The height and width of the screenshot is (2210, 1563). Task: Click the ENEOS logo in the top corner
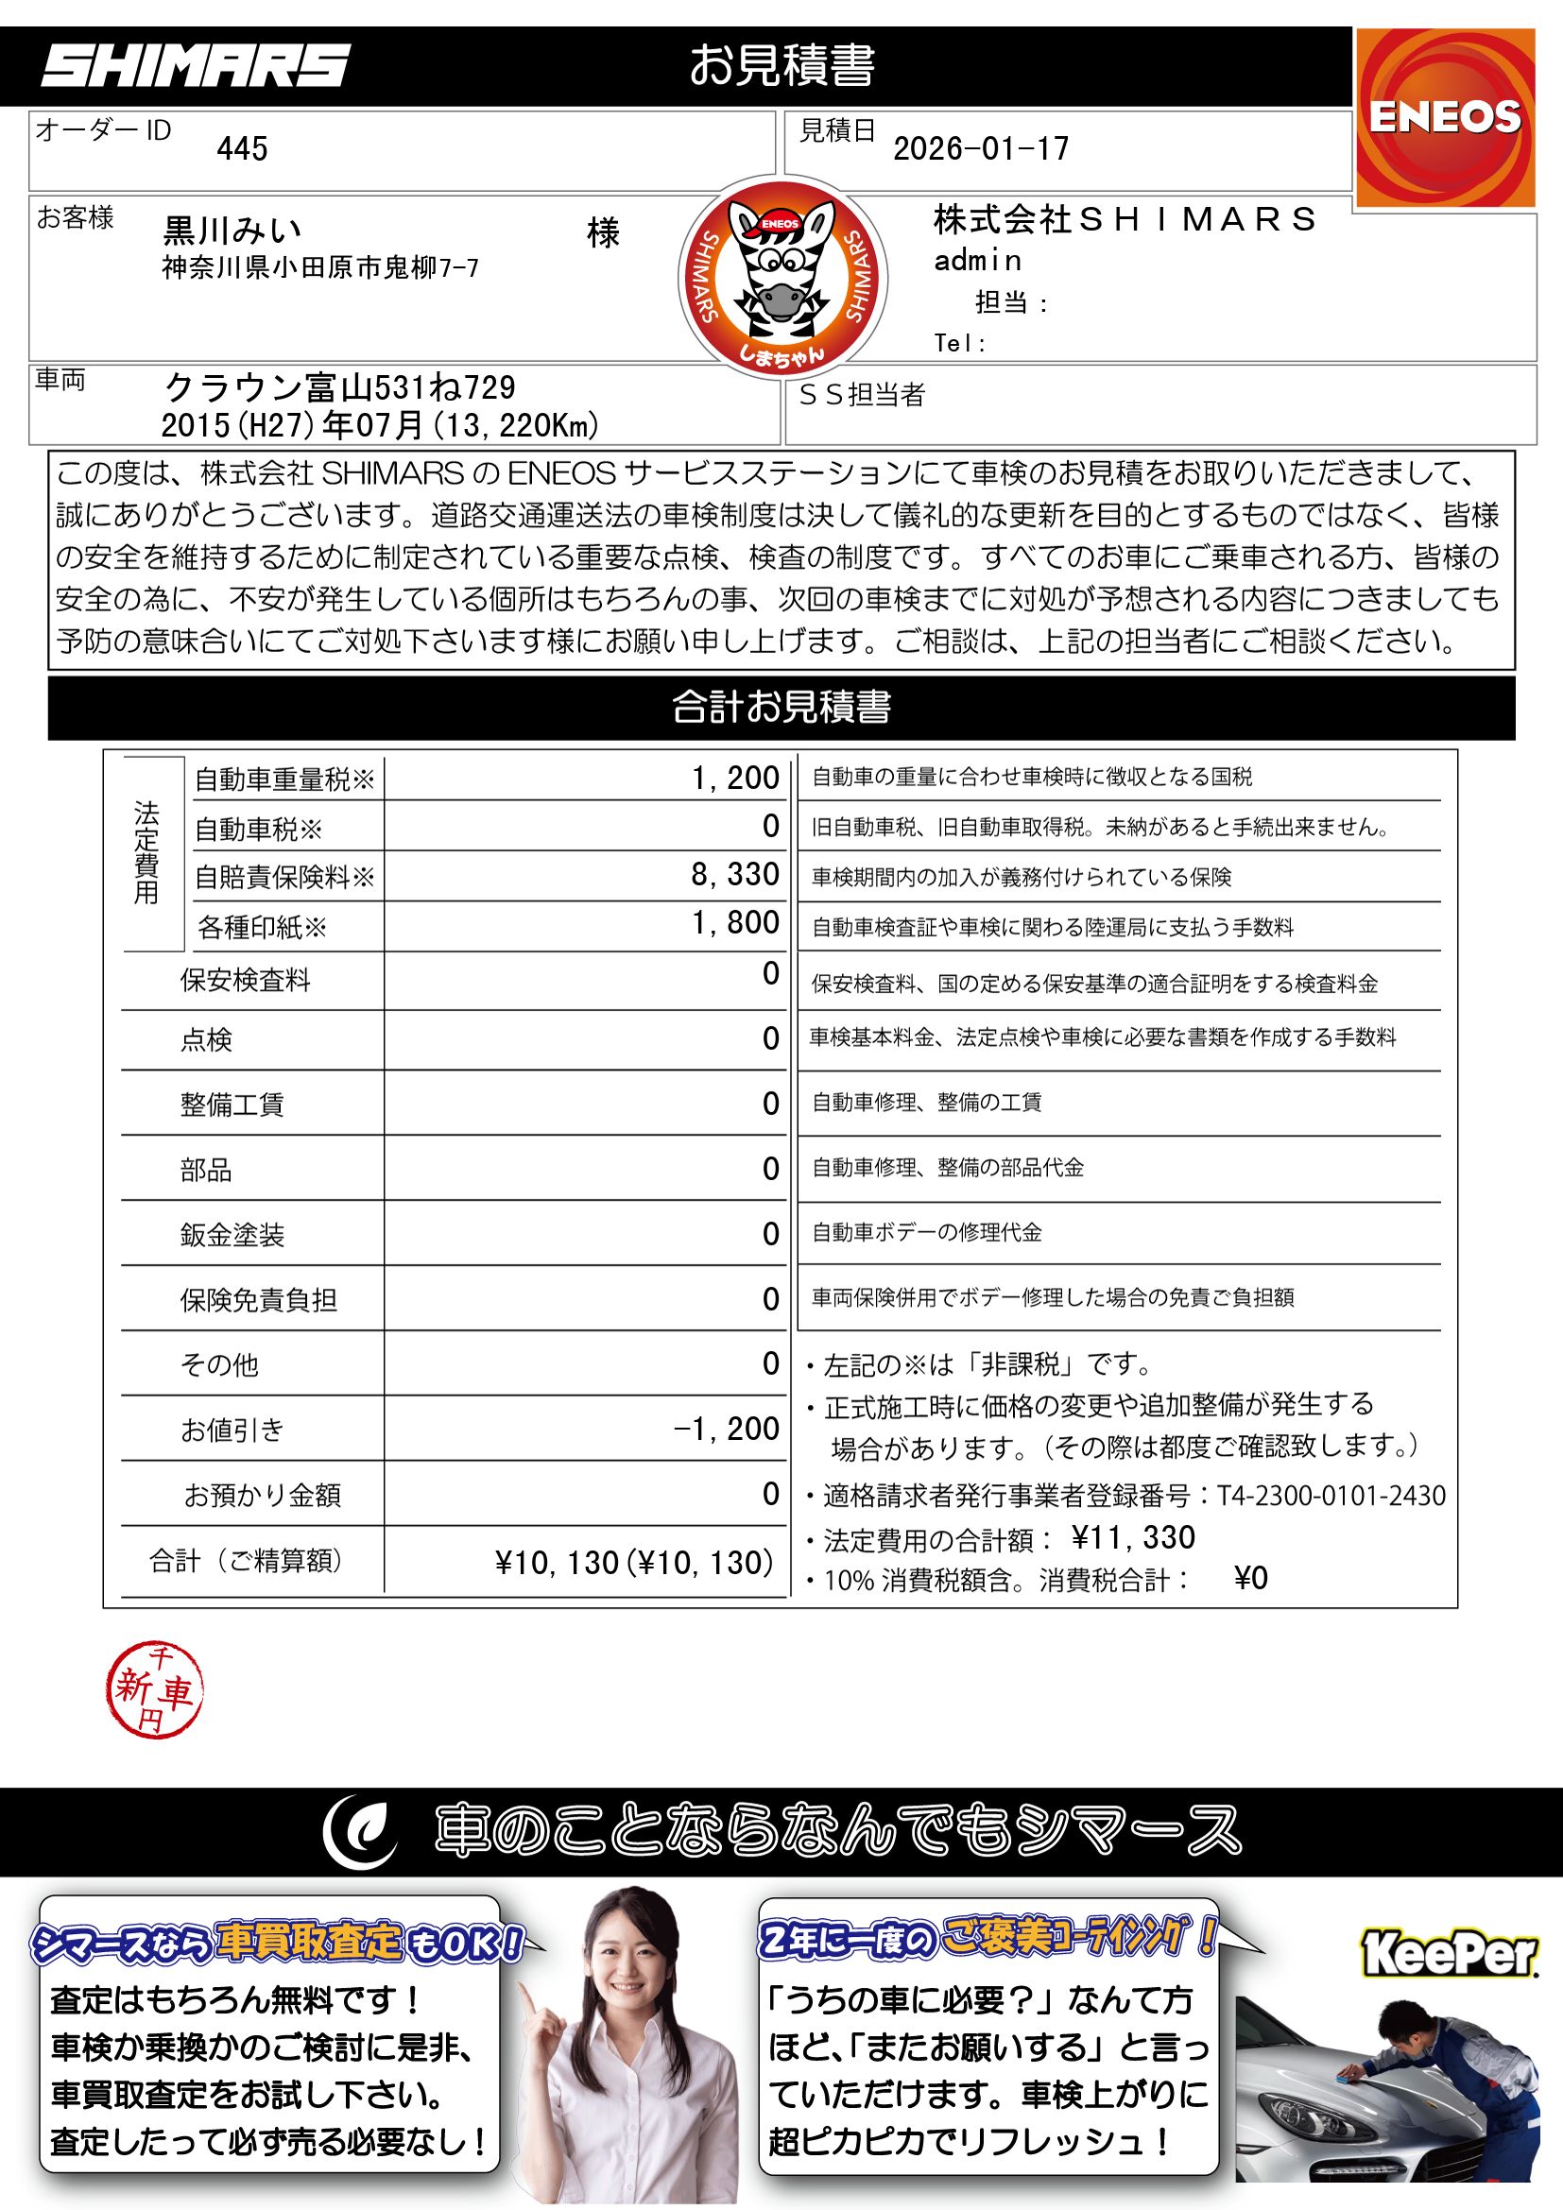click(x=1445, y=117)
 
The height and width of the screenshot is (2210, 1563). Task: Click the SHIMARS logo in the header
click(x=196, y=66)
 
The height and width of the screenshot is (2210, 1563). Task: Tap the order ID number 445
click(x=242, y=149)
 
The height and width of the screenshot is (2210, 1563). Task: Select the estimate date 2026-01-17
click(x=981, y=149)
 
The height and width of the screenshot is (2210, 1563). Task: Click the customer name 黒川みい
click(x=232, y=231)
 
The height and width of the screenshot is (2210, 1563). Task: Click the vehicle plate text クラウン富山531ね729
click(x=340, y=388)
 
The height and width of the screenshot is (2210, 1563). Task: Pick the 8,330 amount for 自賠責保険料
click(x=734, y=874)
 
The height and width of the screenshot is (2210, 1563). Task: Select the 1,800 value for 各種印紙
click(x=735, y=923)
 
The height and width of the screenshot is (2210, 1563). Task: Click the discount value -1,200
click(x=726, y=1429)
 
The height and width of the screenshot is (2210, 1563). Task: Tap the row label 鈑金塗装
click(x=232, y=1235)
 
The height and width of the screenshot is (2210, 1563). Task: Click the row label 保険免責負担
click(x=258, y=1300)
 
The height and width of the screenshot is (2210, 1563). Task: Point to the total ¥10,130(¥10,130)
click(x=634, y=1562)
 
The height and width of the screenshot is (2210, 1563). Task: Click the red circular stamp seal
click(x=154, y=1689)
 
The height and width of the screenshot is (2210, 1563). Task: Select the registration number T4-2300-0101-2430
click(x=1331, y=1495)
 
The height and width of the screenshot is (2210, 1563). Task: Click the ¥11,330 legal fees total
click(x=1133, y=1537)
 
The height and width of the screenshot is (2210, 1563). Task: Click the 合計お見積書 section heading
click(x=781, y=708)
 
